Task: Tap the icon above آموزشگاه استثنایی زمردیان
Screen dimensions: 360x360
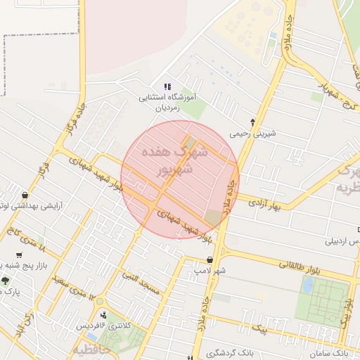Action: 167,86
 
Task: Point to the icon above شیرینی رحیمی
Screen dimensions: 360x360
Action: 252,122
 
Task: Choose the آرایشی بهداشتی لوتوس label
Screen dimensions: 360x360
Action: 41,207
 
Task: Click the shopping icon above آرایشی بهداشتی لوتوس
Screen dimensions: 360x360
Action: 26,195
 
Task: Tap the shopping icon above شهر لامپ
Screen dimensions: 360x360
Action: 210,259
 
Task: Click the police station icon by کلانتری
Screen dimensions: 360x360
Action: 104,315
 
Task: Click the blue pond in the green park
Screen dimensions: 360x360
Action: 308,284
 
